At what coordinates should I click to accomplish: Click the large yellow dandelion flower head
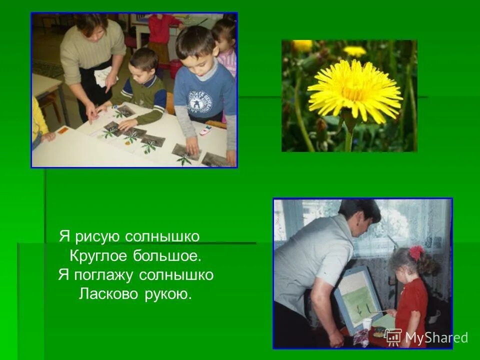354,90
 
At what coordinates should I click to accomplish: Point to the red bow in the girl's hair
415,252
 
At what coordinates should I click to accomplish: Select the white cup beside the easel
367,324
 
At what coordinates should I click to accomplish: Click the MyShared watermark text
436,338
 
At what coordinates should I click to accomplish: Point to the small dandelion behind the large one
355,51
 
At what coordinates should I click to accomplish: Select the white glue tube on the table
205,130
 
